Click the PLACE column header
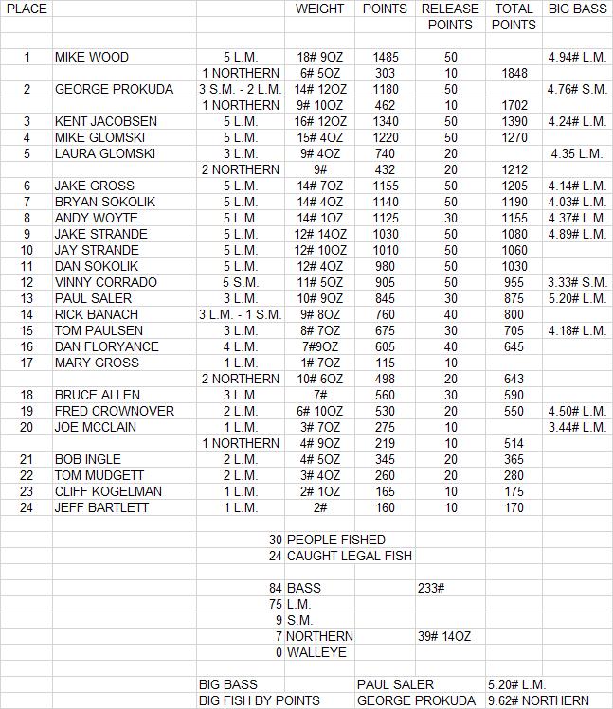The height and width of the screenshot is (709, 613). (27, 9)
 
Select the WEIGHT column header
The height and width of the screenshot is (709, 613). (319, 9)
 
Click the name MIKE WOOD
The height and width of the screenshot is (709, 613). (92, 57)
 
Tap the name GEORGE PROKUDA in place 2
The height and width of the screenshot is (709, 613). (114, 89)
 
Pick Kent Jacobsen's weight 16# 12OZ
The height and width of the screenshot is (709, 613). (319, 121)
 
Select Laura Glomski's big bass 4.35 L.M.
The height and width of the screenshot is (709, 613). (576, 153)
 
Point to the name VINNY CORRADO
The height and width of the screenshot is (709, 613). (103, 282)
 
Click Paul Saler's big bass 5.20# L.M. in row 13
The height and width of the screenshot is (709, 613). (576, 298)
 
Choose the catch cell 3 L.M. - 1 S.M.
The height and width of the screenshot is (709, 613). (240, 314)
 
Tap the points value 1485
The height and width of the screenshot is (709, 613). (386, 57)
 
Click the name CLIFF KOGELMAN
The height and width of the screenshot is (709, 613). (108, 491)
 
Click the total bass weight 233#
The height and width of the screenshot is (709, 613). (432, 588)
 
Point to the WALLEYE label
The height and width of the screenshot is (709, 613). (316, 652)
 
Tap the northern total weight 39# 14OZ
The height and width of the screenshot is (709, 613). (444, 636)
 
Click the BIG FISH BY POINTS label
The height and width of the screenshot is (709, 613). (259, 700)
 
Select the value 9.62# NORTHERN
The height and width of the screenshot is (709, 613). (538, 700)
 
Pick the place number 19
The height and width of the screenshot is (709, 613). (27, 411)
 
